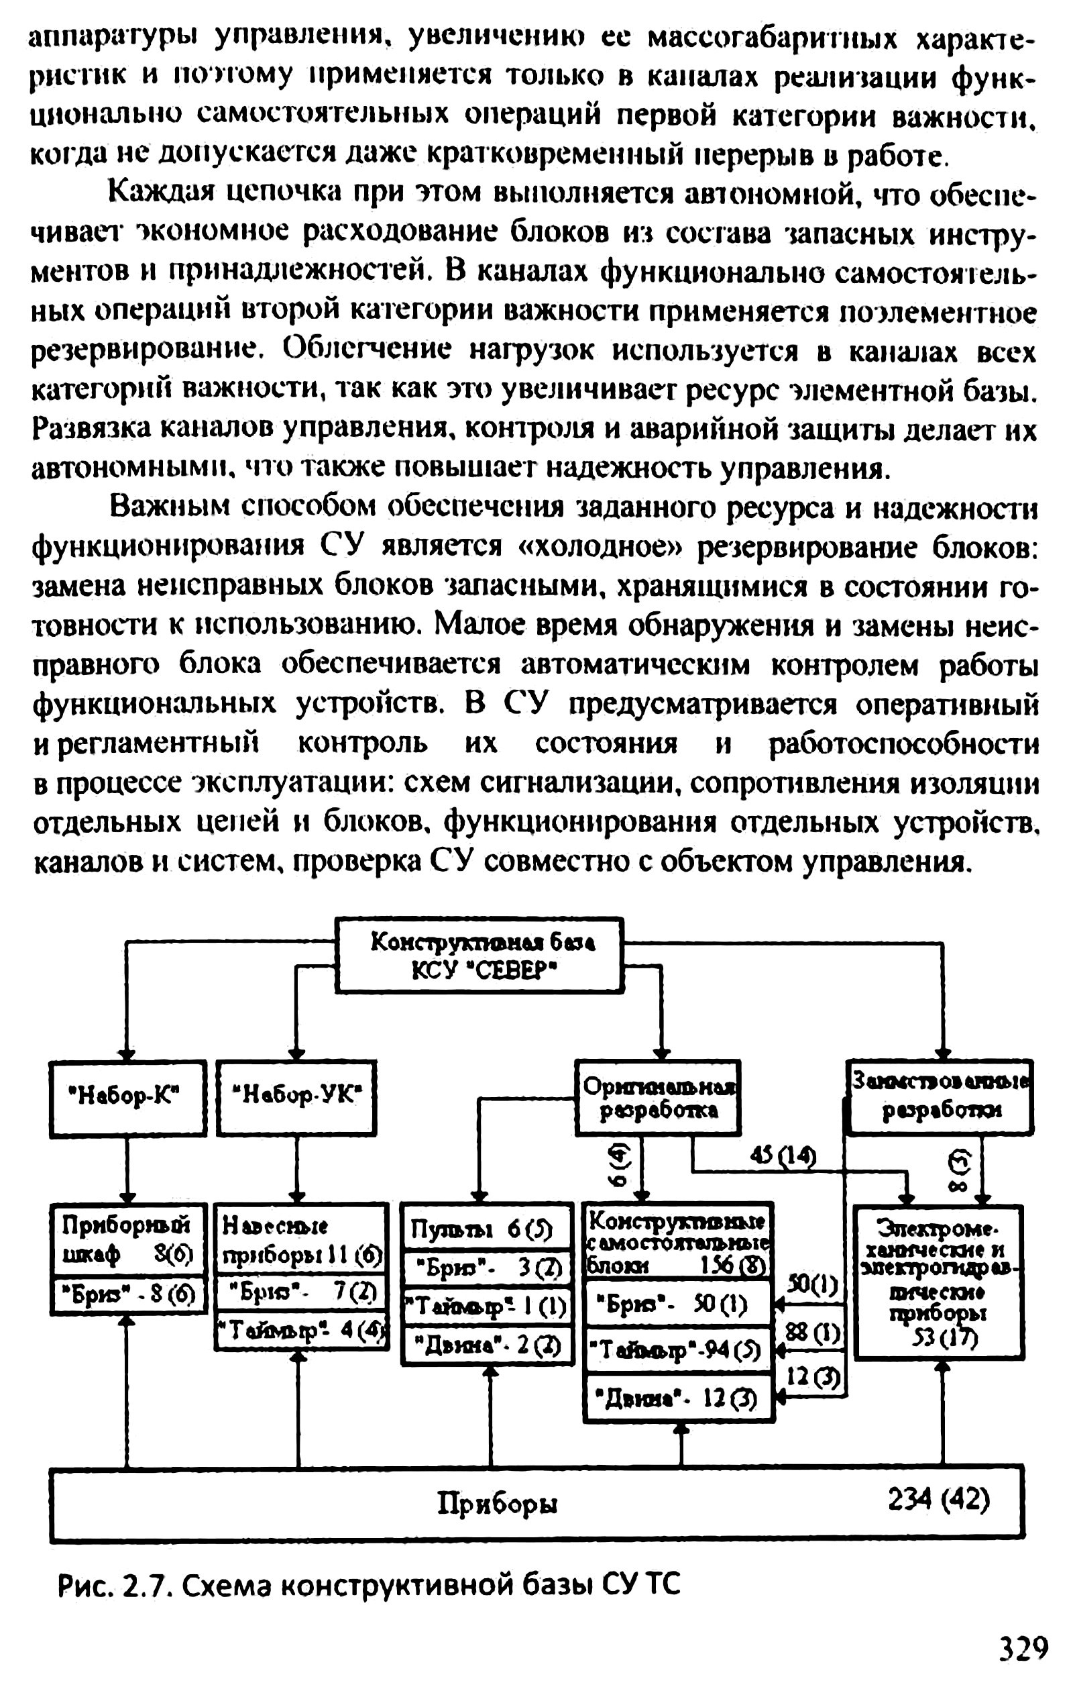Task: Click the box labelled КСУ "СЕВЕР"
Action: tap(479, 956)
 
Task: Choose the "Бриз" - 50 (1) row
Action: tap(679, 1305)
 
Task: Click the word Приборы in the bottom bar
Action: tap(498, 1504)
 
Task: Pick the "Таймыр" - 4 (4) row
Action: tap(301, 1331)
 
